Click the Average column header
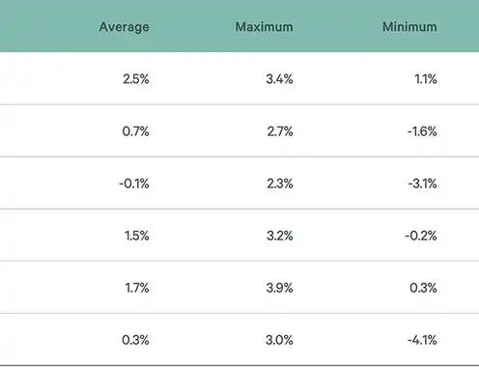(125, 27)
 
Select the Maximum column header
(264, 27)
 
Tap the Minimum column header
(409, 27)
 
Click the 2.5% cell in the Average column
(136, 79)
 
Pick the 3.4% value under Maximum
(279, 79)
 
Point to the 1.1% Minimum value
(426, 79)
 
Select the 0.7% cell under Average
(135, 131)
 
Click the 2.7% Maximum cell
(280, 131)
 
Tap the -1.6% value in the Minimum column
(422, 131)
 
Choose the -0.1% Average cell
(134, 183)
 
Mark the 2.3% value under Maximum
(280, 183)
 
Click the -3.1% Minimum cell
(422, 183)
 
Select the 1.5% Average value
(137, 236)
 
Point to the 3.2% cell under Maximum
(280, 236)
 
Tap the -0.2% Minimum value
(421, 236)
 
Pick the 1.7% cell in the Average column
(137, 288)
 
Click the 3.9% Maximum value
(279, 288)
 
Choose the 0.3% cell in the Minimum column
(423, 288)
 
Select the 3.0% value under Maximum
(279, 340)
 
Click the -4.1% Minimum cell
(422, 340)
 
